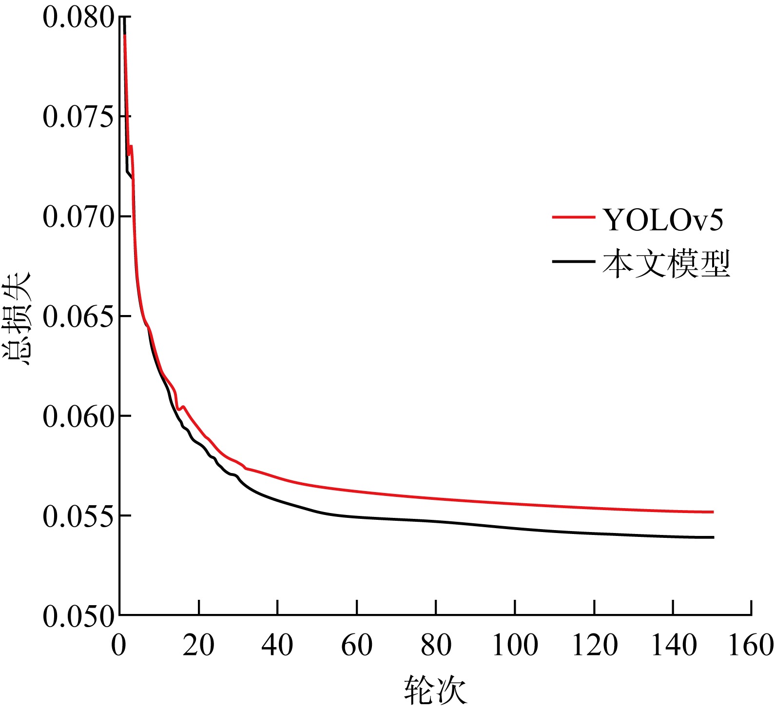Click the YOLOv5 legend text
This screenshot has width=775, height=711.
[663, 220]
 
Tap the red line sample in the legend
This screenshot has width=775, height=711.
[573, 217]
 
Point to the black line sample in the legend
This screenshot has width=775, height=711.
[573, 261]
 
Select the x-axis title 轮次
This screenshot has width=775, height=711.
[435, 690]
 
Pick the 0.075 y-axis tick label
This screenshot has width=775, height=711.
[78, 117]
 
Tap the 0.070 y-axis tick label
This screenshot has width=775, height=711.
[78, 217]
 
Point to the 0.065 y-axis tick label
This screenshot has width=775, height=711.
[78, 316]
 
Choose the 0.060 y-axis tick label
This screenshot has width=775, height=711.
[78, 416]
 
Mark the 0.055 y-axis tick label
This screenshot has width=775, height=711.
[78, 516]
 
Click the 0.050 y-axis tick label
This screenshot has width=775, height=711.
[78, 616]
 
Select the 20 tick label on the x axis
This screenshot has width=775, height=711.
[198, 645]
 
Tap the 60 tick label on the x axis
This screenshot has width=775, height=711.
[357, 645]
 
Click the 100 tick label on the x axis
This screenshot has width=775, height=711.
[515, 645]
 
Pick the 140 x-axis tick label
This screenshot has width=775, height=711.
[674, 645]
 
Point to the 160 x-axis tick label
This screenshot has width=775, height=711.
[751, 645]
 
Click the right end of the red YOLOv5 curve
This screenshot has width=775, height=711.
[713, 512]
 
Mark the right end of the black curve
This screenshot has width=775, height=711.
[713, 537]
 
